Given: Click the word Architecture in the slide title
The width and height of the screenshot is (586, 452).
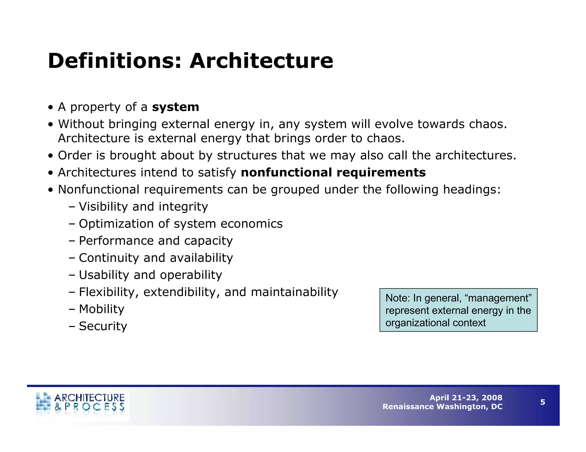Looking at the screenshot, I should coord(261,61).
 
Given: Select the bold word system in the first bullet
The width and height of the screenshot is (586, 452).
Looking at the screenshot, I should coord(175,107).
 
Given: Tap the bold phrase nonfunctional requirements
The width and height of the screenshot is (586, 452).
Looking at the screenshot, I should coord(333,173).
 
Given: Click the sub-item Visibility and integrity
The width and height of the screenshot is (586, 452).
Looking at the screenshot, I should coord(143,207).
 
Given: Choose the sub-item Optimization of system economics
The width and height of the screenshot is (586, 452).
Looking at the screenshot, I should coord(181,224).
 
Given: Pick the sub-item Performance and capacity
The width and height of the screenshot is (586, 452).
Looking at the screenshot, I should coord(156,241).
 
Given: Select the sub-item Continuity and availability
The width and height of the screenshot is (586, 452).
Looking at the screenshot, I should coord(156,258).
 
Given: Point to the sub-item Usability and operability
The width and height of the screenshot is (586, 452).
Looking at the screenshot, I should coord(150,275).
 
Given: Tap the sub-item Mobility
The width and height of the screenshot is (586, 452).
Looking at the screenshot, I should coord(102,309).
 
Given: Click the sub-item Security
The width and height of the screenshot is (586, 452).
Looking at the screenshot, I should coord(103,326).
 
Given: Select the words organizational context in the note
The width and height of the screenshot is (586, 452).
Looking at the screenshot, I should coord(435,323).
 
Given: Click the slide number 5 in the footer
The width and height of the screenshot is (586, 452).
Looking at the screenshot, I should coord(543,402).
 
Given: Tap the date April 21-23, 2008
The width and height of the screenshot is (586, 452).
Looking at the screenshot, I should coord(466,398).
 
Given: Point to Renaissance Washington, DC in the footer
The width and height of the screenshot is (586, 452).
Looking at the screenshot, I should coord(442,407).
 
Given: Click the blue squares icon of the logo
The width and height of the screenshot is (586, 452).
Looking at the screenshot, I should coord(43,402).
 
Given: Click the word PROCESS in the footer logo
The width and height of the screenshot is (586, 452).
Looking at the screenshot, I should coord(94,407).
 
